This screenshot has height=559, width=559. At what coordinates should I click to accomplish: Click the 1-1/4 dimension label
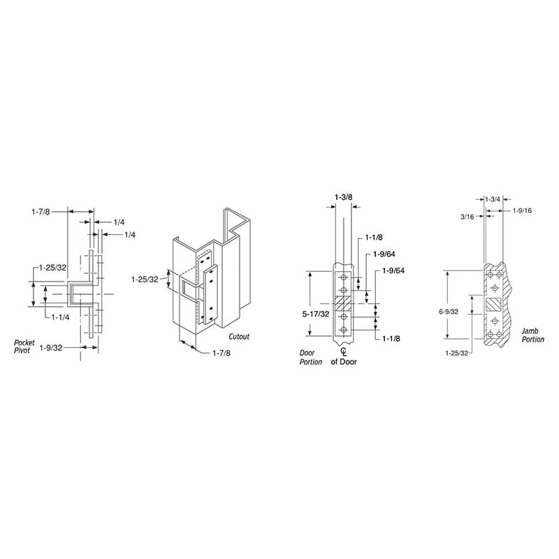[x=60, y=317]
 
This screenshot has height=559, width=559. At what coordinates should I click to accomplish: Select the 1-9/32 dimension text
[x=50, y=347]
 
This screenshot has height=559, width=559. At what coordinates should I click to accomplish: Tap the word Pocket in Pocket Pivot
[x=24, y=342]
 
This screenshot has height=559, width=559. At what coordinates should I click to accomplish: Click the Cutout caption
[x=239, y=337]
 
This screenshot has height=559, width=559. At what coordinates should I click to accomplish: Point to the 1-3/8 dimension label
[x=344, y=197]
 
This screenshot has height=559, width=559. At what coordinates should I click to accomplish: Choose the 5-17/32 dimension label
[x=316, y=314]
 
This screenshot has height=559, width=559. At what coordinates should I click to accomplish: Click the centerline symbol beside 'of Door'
[x=344, y=352]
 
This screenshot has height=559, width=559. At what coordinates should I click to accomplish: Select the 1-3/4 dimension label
[x=493, y=200]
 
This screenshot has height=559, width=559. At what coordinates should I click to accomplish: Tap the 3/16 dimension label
[x=467, y=217]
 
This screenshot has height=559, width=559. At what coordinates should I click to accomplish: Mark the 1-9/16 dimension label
[x=522, y=211]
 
